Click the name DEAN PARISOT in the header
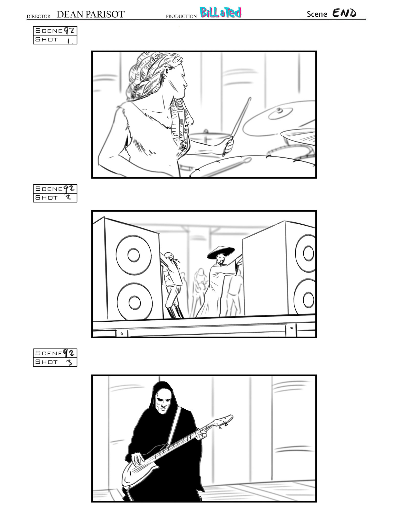pyautogui.click(x=91, y=14)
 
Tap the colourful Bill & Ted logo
pyautogui.click(x=220, y=13)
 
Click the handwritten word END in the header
pyautogui.click(x=344, y=13)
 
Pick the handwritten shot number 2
pyautogui.click(x=69, y=198)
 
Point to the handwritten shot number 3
pyautogui.click(x=69, y=362)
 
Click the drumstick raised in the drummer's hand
pyautogui.click(x=237, y=126)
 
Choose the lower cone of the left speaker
pyautogui.click(x=135, y=302)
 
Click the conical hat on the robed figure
pyautogui.click(x=221, y=252)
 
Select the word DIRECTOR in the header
pyautogui.click(x=39, y=16)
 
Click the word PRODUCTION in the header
pyautogui.click(x=181, y=16)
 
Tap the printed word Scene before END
pyautogui.click(x=317, y=14)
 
